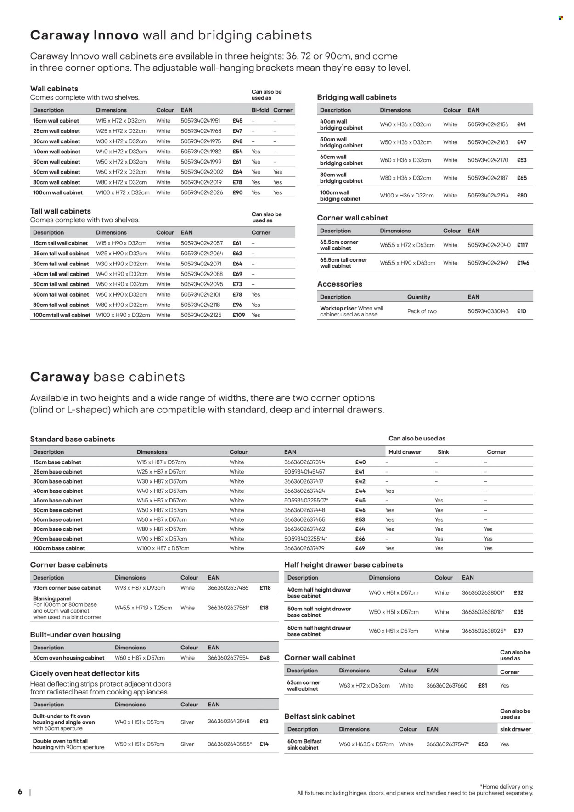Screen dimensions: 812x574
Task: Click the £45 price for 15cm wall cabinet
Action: pyautogui.click(x=237, y=121)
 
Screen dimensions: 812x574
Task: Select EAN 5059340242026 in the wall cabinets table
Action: pyautogui.click(x=202, y=192)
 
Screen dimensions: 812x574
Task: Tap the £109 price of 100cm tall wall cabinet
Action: pyautogui.click(x=239, y=315)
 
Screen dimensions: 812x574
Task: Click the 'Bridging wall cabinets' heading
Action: pyautogui.click(x=356, y=97)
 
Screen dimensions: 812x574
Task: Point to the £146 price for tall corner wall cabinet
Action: pyautogui.click(x=523, y=263)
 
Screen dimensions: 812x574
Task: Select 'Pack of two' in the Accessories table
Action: pyautogui.click(x=422, y=311)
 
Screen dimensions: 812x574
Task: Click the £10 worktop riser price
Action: pyautogui.click(x=521, y=311)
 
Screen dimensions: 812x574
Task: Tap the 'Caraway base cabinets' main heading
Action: pyautogui.click(x=107, y=377)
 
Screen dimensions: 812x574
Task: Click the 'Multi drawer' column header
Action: pyautogui.click(x=405, y=452)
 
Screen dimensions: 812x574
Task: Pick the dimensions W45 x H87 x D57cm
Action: pyautogui.click(x=162, y=501)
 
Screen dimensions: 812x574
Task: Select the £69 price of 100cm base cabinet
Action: pyautogui.click(x=360, y=548)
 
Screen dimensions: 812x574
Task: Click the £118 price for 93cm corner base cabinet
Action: pyautogui.click(x=265, y=588)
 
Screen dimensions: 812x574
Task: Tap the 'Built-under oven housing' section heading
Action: pyautogui.click(x=75, y=635)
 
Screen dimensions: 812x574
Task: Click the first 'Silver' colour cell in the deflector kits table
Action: pyautogui.click(x=187, y=722)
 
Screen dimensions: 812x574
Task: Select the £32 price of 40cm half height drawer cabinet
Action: pyautogui.click(x=518, y=593)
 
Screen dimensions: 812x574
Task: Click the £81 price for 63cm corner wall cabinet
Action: pyautogui.click(x=482, y=686)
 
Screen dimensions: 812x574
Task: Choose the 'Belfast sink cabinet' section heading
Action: pyautogui.click(x=319, y=716)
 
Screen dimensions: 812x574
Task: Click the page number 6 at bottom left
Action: pyautogui.click(x=20, y=792)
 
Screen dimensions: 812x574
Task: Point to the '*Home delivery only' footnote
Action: pyautogui.click(x=506, y=787)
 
